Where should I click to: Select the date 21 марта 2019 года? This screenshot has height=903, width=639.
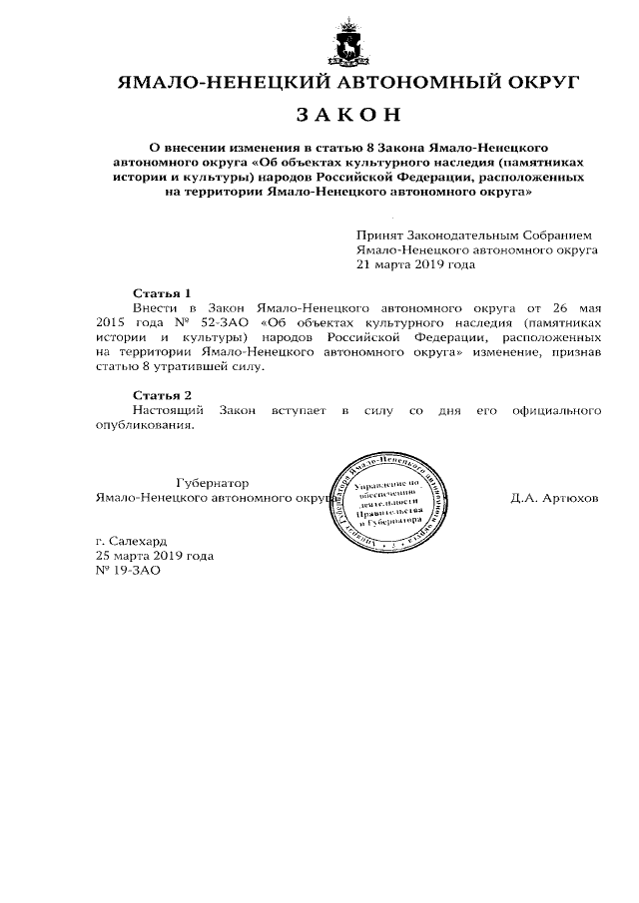(415, 266)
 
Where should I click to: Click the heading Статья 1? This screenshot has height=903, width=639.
(162, 293)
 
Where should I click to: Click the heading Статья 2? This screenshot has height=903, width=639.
(162, 396)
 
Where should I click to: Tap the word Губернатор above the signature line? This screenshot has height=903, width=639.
(212, 482)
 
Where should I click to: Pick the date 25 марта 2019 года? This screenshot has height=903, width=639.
(154, 556)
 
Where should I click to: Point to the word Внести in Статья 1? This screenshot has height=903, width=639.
(155, 309)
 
